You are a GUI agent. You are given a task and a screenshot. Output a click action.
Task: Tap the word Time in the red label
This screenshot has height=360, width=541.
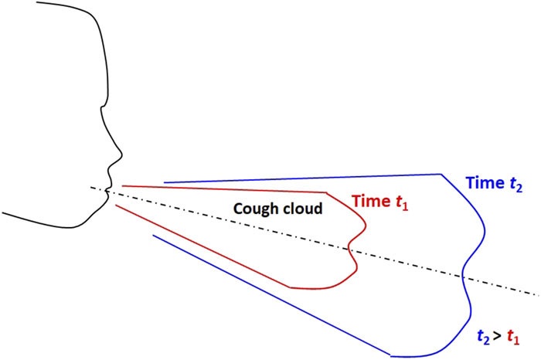[x=369, y=201]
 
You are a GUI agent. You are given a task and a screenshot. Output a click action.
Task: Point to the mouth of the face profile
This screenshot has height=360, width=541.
[x=107, y=190]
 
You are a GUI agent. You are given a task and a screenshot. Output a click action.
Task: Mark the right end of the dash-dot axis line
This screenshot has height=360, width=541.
[x=537, y=294]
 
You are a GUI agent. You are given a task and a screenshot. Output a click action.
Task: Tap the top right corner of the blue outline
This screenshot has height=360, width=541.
[x=441, y=175]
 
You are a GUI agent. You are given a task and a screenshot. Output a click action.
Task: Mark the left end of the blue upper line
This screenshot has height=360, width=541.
[x=165, y=183]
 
